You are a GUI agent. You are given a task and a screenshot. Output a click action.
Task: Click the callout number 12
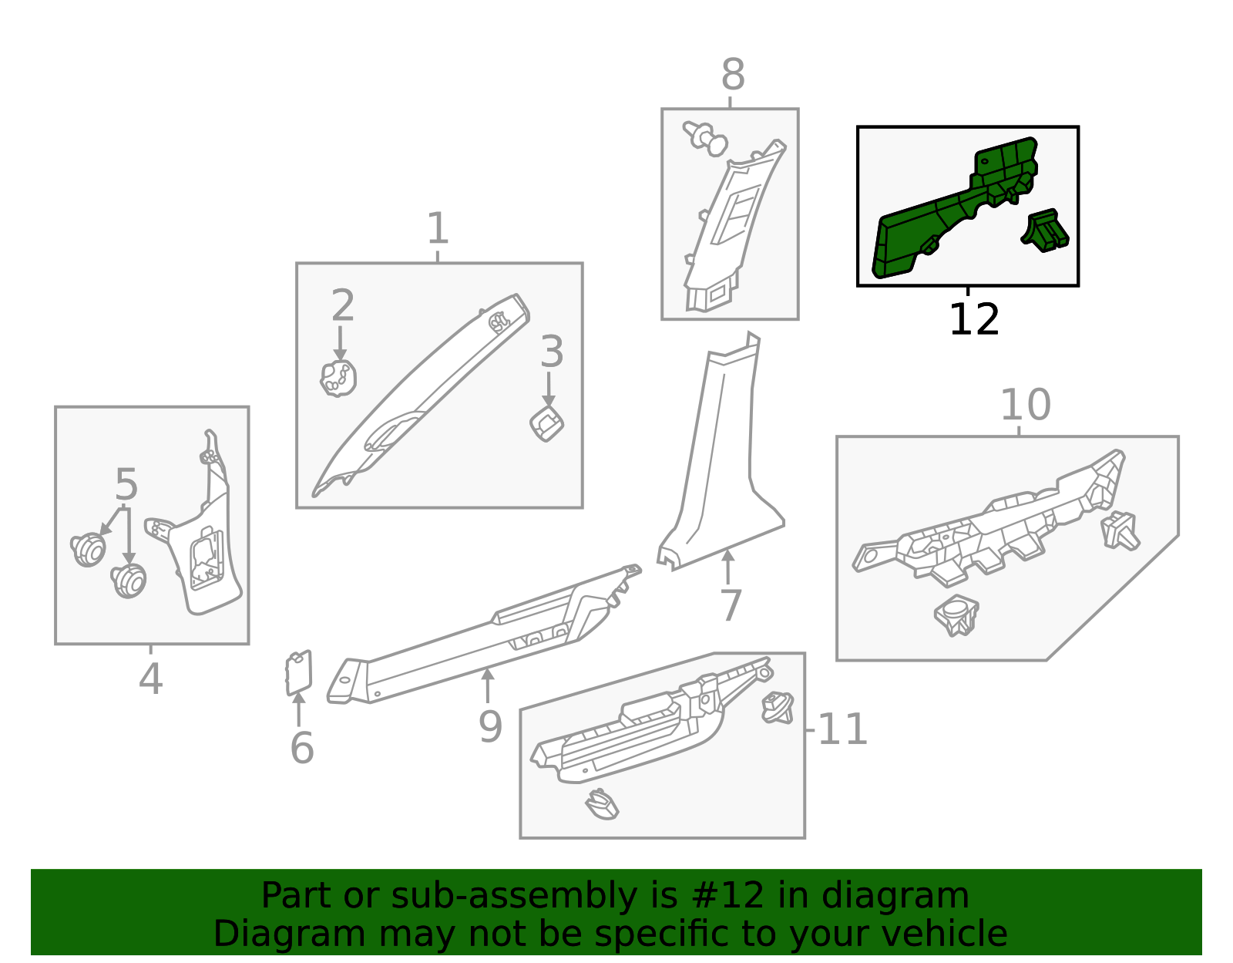click(x=974, y=319)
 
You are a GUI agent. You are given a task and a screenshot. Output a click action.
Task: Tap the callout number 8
click(x=733, y=74)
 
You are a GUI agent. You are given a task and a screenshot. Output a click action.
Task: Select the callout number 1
click(x=438, y=228)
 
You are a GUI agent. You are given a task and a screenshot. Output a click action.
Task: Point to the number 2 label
click(x=343, y=305)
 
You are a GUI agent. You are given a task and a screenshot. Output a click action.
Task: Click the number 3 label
click(x=552, y=352)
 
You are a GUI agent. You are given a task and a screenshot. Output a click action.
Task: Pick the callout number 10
click(x=1026, y=405)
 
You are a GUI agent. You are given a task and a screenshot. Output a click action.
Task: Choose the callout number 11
click(x=842, y=730)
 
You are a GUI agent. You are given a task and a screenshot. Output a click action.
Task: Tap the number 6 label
click(x=302, y=748)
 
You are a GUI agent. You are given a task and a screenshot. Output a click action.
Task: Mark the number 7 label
click(x=731, y=605)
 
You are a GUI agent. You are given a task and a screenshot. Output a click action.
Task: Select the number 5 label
click(x=126, y=484)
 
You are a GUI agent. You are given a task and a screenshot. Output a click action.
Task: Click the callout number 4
click(x=150, y=678)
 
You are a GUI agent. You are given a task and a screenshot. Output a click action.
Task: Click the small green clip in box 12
click(x=1045, y=231)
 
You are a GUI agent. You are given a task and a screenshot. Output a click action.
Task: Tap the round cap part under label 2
click(x=338, y=379)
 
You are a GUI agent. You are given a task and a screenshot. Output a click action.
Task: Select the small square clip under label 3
click(x=546, y=424)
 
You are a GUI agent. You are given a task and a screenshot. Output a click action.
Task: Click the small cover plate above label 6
click(x=298, y=673)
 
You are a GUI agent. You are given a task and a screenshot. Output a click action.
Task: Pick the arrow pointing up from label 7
click(x=728, y=567)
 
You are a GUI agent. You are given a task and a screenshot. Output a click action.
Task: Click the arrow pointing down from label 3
click(x=549, y=389)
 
